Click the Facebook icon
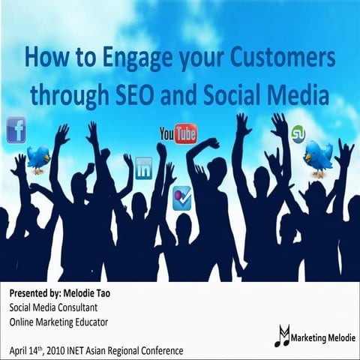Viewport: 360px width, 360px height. point(16,130)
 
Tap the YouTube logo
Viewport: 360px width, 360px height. point(178,134)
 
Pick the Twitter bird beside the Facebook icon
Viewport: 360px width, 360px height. point(38,158)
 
